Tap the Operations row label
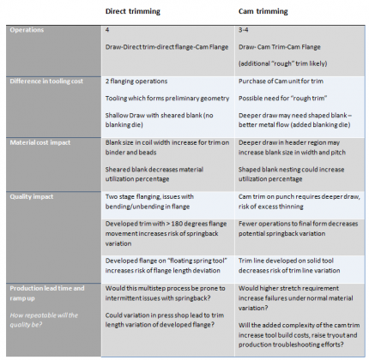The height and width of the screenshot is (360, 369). click(29, 30)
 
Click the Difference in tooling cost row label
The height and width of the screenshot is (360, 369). click(51, 81)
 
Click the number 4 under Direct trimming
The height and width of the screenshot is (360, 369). click(106, 30)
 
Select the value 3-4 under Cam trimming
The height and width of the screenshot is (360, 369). click(243, 30)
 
